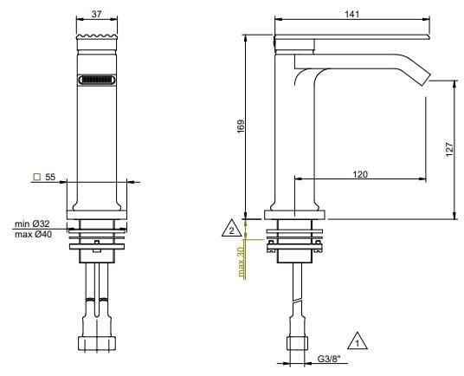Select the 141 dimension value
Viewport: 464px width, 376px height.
tap(352, 14)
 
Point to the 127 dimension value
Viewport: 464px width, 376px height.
tap(449, 149)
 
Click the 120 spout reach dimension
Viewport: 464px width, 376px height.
tap(361, 174)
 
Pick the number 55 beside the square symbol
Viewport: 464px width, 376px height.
tap(50, 177)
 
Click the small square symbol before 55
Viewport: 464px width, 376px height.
tap(36, 177)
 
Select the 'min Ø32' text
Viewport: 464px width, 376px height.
tap(31, 224)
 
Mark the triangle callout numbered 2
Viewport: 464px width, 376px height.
tap(230, 230)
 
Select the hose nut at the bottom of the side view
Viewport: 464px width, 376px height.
tap(294, 343)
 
